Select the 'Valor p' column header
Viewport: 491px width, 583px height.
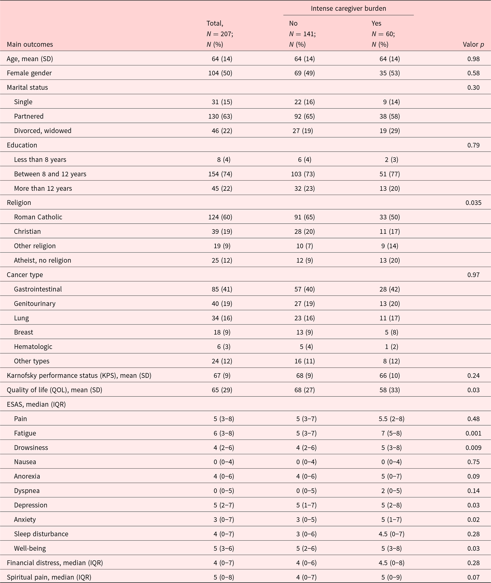(473, 44)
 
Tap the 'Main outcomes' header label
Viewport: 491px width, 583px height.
(30, 44)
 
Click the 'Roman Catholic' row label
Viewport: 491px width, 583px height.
(38, 217)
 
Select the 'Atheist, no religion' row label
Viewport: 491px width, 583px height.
(42, 261)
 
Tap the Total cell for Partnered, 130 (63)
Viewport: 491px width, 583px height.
(220, 116)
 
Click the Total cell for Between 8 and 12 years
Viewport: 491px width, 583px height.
(220, 174)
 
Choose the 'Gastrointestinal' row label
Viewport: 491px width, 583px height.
(38, 289)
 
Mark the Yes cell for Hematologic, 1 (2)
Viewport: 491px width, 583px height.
(391, 347)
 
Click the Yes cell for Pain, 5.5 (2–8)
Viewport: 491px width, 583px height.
(390, 419)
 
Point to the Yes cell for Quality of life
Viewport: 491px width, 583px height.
(390, 390)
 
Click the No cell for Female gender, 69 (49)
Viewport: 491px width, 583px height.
(304, 73)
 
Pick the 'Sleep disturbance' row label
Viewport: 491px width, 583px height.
(41, 534)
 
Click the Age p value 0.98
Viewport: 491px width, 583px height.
(474, 59)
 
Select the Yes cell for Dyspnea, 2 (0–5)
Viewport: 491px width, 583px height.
(391, 491)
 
